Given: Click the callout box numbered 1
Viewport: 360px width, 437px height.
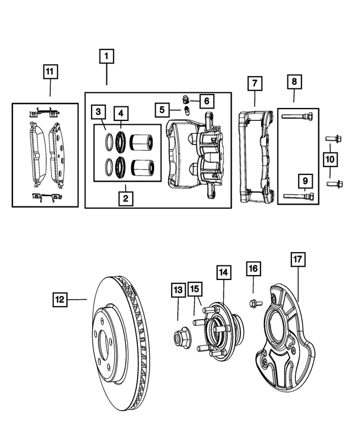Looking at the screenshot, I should [107, 56].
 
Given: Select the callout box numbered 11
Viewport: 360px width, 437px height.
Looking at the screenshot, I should [50, 71].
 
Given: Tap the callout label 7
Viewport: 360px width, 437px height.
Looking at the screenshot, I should [254, 83].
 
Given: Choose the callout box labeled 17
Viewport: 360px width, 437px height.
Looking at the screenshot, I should [298, 260].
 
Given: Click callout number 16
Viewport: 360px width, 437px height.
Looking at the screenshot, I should [253, 269].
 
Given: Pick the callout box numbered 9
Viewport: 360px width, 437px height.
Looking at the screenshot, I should [304, 181].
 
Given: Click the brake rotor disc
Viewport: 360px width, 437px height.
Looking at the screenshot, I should [121, 343].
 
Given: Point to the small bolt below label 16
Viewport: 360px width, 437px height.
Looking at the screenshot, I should [253, 304].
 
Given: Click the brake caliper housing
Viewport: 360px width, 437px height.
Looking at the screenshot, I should [194, 155].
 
